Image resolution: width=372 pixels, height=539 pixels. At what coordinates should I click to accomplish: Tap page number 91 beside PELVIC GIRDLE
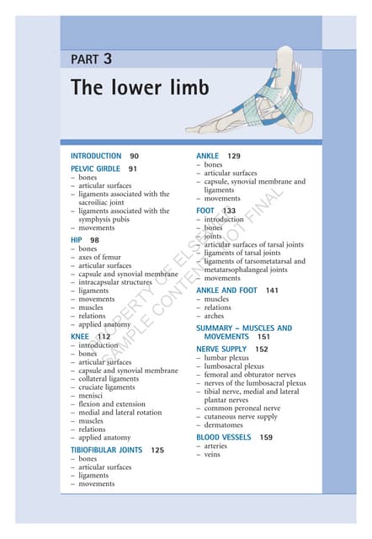tap(132, 168)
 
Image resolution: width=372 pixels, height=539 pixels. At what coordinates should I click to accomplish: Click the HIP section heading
tap(77, 240)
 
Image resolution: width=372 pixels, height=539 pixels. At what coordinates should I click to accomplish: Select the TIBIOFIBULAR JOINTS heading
tap(105, 451)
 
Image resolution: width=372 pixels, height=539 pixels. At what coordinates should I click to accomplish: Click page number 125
tap(157, 451)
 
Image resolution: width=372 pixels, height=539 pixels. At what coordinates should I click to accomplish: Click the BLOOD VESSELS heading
tap(223, 437)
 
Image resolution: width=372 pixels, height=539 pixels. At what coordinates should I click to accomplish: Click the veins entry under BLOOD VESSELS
tap(215, 456)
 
